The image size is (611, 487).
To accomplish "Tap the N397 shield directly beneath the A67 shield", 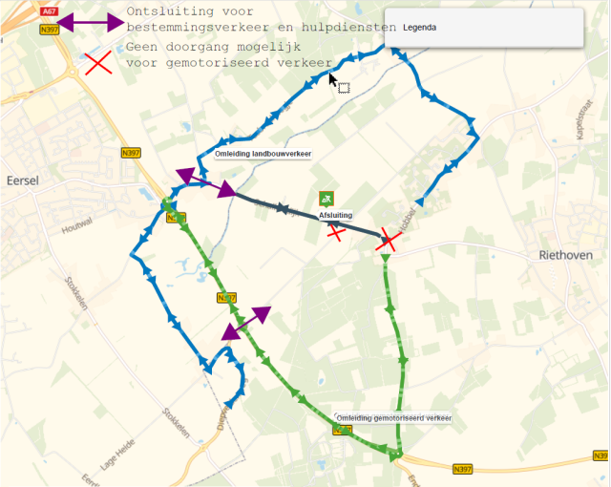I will tap(51, 31).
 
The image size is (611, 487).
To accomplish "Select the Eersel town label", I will tap(20, 179).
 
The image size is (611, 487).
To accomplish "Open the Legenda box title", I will tap(420, 28).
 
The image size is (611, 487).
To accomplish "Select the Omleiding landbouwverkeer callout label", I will tap(263, 154).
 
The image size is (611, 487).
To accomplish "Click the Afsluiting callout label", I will tap(335, 215).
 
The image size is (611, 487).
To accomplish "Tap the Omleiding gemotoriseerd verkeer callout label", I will tap(394, 418).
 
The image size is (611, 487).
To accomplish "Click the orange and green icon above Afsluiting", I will tap(327, 199).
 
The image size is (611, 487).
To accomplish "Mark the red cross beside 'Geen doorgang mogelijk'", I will tap(97, 64).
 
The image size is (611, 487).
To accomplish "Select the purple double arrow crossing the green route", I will tap(246, 324).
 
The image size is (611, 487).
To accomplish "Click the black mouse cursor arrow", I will tap(333, 81).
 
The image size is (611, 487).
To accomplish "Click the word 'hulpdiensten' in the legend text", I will tap(349, 28).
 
